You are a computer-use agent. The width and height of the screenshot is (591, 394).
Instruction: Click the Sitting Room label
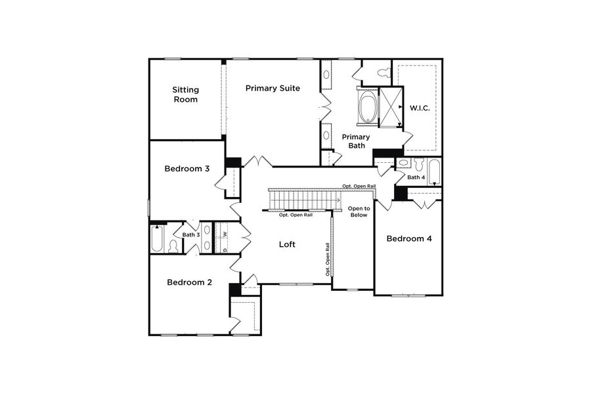coord(185,95)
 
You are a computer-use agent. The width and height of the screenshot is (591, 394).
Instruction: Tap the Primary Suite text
coord(273,88)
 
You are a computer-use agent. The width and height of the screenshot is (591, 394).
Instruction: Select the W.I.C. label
coord(420,108)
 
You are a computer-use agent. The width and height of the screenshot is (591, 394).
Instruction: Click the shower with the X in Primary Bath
coord(391,106)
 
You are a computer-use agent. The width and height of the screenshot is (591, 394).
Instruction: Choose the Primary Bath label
coord(355,141)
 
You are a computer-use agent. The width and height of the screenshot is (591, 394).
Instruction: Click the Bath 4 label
coord(416,177)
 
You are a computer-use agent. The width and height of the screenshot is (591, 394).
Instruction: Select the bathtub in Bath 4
coord(434,172)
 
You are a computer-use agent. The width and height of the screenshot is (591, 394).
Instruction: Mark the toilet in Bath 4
coord(404,164)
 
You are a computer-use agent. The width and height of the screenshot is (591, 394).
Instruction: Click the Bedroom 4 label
coord(408,239)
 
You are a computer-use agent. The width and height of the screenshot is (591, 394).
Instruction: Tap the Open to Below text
coord(359,211)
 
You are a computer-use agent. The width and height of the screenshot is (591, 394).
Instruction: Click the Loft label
coord(287,244)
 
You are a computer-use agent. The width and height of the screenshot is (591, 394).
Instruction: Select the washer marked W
coord(225,233)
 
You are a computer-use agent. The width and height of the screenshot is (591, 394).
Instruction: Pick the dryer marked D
coord(225,249)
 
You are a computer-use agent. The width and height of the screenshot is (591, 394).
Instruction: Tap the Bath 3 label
coord(190,234)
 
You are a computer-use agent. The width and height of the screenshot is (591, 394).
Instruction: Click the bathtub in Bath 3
coord(157,239)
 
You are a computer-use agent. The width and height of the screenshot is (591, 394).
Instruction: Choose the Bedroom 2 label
coord(189,282)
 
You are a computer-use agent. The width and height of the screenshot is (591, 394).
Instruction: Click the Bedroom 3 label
coord(186,169)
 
